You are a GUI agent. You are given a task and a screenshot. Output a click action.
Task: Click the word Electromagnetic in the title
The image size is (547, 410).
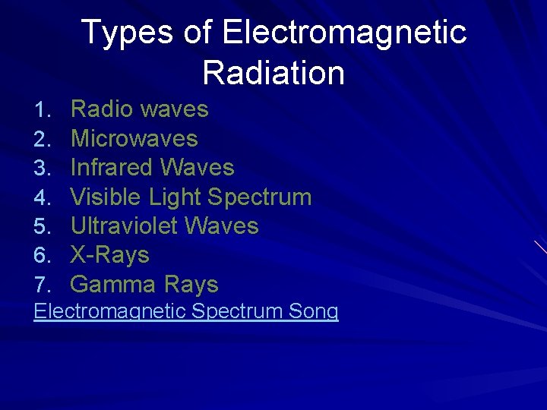tap(344, 33)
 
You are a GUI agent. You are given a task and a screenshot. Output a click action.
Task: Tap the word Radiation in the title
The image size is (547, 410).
tap(273, 74)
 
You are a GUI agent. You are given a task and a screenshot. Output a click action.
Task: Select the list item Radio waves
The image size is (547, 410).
tap(139, 109)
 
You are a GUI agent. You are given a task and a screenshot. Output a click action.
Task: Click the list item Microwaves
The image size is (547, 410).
tap(134, 139)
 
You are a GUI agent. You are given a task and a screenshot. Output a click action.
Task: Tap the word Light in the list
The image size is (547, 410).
tap(175, 197)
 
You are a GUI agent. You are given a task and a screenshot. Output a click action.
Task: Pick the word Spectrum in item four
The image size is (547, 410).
tap(260, 197)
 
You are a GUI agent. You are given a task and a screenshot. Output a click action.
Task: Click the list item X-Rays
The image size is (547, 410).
tap(109, 255)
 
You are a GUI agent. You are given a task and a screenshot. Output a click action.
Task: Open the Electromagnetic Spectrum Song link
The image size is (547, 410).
tap(186, 311)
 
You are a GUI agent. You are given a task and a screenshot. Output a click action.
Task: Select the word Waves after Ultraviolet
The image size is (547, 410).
tap(222, 226)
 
